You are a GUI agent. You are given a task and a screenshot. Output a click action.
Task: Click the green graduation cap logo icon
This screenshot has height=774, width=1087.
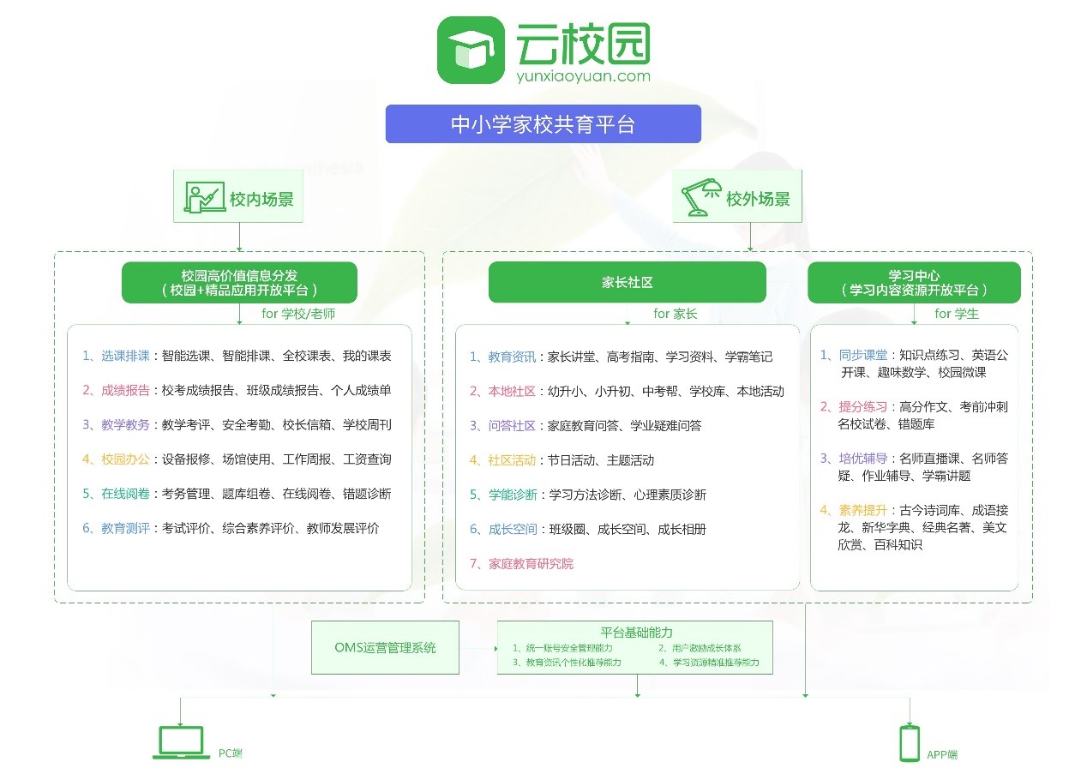click(471, 51)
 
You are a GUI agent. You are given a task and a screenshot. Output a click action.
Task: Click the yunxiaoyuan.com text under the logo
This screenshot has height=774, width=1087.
click(583, 76)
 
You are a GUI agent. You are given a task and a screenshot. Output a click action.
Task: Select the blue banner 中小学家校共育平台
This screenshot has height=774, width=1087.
click(543, 124)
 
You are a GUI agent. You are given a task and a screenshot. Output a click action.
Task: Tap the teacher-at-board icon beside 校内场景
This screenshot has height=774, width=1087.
click(204, 199)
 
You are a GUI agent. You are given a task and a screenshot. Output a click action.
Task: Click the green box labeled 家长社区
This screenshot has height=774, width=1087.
click(627, 282)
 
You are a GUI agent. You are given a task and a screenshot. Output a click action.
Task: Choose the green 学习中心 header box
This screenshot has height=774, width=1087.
click(914, 282)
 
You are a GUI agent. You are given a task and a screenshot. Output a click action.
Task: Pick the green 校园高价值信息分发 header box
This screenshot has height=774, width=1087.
click(239, 282)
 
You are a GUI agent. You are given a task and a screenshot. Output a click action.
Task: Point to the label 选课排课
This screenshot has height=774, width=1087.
click(125, 356)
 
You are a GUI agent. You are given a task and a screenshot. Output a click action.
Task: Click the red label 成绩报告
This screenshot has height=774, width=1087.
click(125, 390)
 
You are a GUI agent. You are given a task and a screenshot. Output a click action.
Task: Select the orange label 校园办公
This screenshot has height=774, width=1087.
click(125, 459)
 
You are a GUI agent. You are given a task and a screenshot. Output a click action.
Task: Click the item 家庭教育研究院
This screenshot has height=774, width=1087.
click(531, 563)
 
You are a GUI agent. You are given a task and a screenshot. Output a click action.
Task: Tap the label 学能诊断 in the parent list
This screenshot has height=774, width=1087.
click(513, 494)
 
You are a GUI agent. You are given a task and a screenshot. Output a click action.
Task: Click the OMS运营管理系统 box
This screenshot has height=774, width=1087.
click(385, 647)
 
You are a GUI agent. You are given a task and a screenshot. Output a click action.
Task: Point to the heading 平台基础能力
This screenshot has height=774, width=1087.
click(634, 633)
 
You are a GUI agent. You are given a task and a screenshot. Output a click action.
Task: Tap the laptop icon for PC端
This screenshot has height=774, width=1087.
click(179, 742)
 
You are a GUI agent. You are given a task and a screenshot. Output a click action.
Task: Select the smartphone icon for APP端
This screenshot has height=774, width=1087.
click(909, 743)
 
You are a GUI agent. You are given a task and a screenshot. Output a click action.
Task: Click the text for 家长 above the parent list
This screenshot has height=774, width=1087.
click(676, 314)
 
